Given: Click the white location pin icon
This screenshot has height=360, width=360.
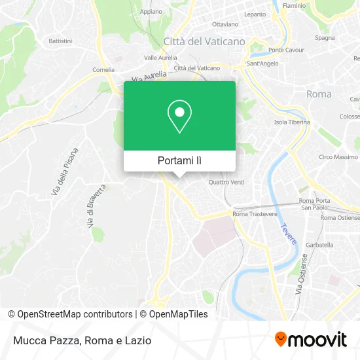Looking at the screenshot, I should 179,116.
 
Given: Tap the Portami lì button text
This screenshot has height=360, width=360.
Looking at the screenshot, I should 179,160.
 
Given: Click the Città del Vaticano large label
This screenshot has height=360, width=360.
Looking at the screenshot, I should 204,41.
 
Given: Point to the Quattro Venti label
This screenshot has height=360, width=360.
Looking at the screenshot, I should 226,182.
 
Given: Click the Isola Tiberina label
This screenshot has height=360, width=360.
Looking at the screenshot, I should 290,122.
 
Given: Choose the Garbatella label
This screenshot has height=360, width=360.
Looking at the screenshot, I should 320,245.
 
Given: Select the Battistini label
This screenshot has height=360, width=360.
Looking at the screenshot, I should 60,40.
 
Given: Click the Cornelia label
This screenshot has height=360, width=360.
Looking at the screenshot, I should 103,69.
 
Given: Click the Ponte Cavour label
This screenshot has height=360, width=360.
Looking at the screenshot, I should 285,50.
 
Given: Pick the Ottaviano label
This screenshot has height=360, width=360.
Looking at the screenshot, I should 225,24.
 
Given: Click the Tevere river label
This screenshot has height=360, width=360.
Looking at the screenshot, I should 289,235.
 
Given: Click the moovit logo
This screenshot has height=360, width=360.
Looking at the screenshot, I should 311,339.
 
